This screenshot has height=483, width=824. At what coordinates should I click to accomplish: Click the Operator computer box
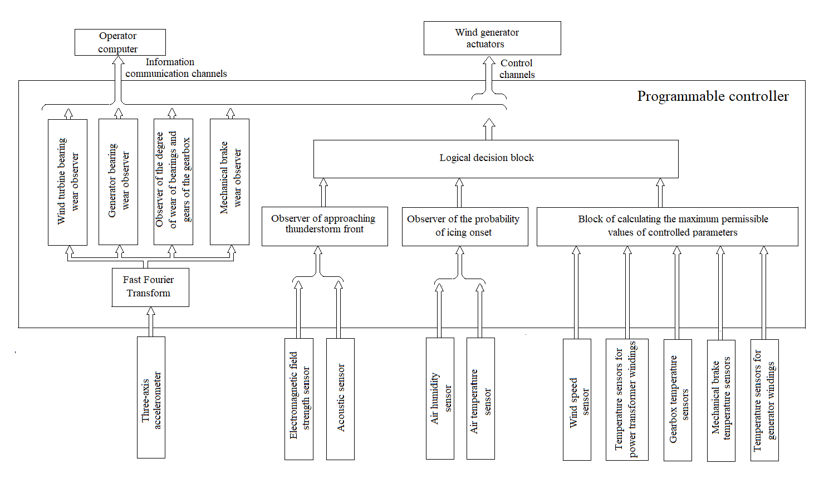click(120, 42)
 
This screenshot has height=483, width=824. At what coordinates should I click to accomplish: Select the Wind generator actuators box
click(492, 38)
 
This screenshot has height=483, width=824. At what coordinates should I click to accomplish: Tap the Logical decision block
click(496, 159)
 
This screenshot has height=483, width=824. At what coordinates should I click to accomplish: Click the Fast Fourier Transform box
click(150, 287)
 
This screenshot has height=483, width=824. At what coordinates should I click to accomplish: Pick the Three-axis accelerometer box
click(151, 397)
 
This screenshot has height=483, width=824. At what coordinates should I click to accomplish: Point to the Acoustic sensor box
click(340, 399)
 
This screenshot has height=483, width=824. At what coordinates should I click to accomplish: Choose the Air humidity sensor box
click(440, 398)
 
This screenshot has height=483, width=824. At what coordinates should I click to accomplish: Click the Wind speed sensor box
click(577, 400)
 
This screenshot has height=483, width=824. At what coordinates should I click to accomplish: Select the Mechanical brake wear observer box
click(229, 182)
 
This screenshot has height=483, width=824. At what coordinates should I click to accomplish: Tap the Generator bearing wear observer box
click(118, 182)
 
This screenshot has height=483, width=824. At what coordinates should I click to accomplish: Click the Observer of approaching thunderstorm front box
click(325, 226)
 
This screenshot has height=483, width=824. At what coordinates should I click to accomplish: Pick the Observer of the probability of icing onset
click(465, 226)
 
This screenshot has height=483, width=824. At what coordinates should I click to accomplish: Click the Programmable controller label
click(713, 96)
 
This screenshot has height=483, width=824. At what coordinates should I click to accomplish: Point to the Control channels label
click(517, 69)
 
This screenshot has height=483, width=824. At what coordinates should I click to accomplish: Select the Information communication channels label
click(175, 68)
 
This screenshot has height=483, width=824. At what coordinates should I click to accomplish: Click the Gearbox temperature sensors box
click(678, 400)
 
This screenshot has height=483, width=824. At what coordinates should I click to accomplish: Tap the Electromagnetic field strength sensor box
click(299, 399)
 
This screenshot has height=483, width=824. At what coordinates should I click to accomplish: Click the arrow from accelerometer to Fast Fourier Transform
click(150, 322)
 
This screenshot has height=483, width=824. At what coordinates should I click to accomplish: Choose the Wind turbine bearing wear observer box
click(67, 182)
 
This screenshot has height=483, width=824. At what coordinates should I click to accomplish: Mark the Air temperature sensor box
click(480, 398)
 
